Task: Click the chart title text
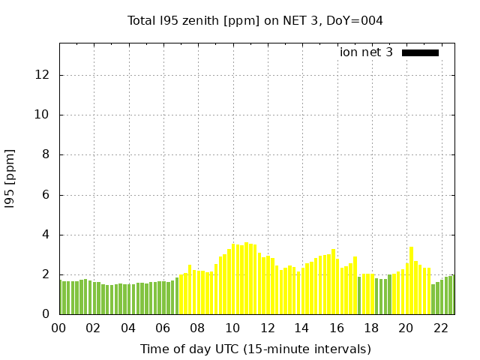click(x=255, y=20)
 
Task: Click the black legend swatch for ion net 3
click(x=420, y=52)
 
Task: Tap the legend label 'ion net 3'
click(x=366, y=52)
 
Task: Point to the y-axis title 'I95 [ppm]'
click(x=10, y=179)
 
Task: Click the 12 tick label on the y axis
click(x=43, y=75)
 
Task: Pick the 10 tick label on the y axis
click(x=43, y=115)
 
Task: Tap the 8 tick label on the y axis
click(x=46, y=154)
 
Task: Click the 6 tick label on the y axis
click(x=46, y=195)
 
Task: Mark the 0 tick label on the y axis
click(x=46, y=314)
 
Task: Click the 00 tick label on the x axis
click(x=58, y=328)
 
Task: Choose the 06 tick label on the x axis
click(x=163, y=328)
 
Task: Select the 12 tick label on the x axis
click(x=267, y=328)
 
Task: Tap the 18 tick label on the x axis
click(x=371, y=328)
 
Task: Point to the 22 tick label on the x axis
click(x=441, y=328)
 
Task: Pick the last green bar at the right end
click(x=451, y=295)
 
